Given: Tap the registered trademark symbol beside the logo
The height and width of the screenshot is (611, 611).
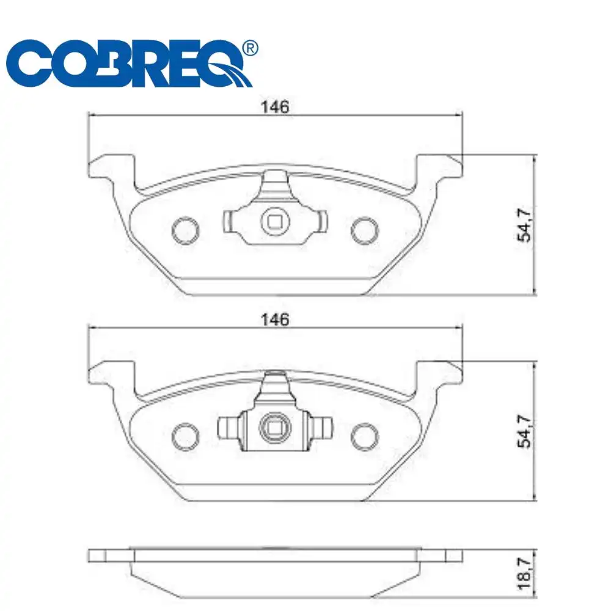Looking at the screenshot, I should [x=250, y=48].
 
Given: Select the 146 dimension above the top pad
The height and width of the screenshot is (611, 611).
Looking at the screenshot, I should [x=275, y=107].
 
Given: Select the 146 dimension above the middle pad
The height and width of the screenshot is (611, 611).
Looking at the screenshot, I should [x=275, y=319].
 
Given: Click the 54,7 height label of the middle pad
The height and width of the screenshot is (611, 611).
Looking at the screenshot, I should [x=525, y=431].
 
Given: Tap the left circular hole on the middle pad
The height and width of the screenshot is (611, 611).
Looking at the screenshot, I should [x=186, y=435].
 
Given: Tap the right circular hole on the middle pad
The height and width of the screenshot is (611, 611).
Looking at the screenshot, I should [x=365, y=435].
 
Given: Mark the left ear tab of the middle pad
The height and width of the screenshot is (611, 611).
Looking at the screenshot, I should [x=110, y=373].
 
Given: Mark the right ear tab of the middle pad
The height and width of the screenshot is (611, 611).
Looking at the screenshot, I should [x=440, y=373].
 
